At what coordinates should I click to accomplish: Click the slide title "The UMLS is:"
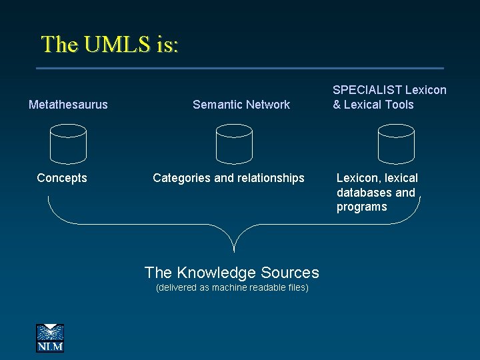pos(109,44)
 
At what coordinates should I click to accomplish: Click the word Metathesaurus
pos(68,104)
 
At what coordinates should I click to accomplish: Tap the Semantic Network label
pos(241,104)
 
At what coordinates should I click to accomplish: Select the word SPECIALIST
pos(363,89)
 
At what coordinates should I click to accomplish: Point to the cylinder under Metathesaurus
pos(68,144)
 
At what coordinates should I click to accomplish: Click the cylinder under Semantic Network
pos(234,144)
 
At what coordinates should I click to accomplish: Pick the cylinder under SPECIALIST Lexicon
pos(396,144)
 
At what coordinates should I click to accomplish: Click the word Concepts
pos(62,178)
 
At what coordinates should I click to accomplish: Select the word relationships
pos(270,178)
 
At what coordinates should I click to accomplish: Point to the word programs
pos(361,207)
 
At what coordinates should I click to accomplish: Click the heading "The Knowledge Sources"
pos(231,272)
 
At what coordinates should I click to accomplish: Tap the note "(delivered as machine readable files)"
pos(231,288)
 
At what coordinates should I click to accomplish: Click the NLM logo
pos(50,337)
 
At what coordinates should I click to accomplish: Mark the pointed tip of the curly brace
pos(234,251)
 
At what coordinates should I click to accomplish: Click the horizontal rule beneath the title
pos(240,68)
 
